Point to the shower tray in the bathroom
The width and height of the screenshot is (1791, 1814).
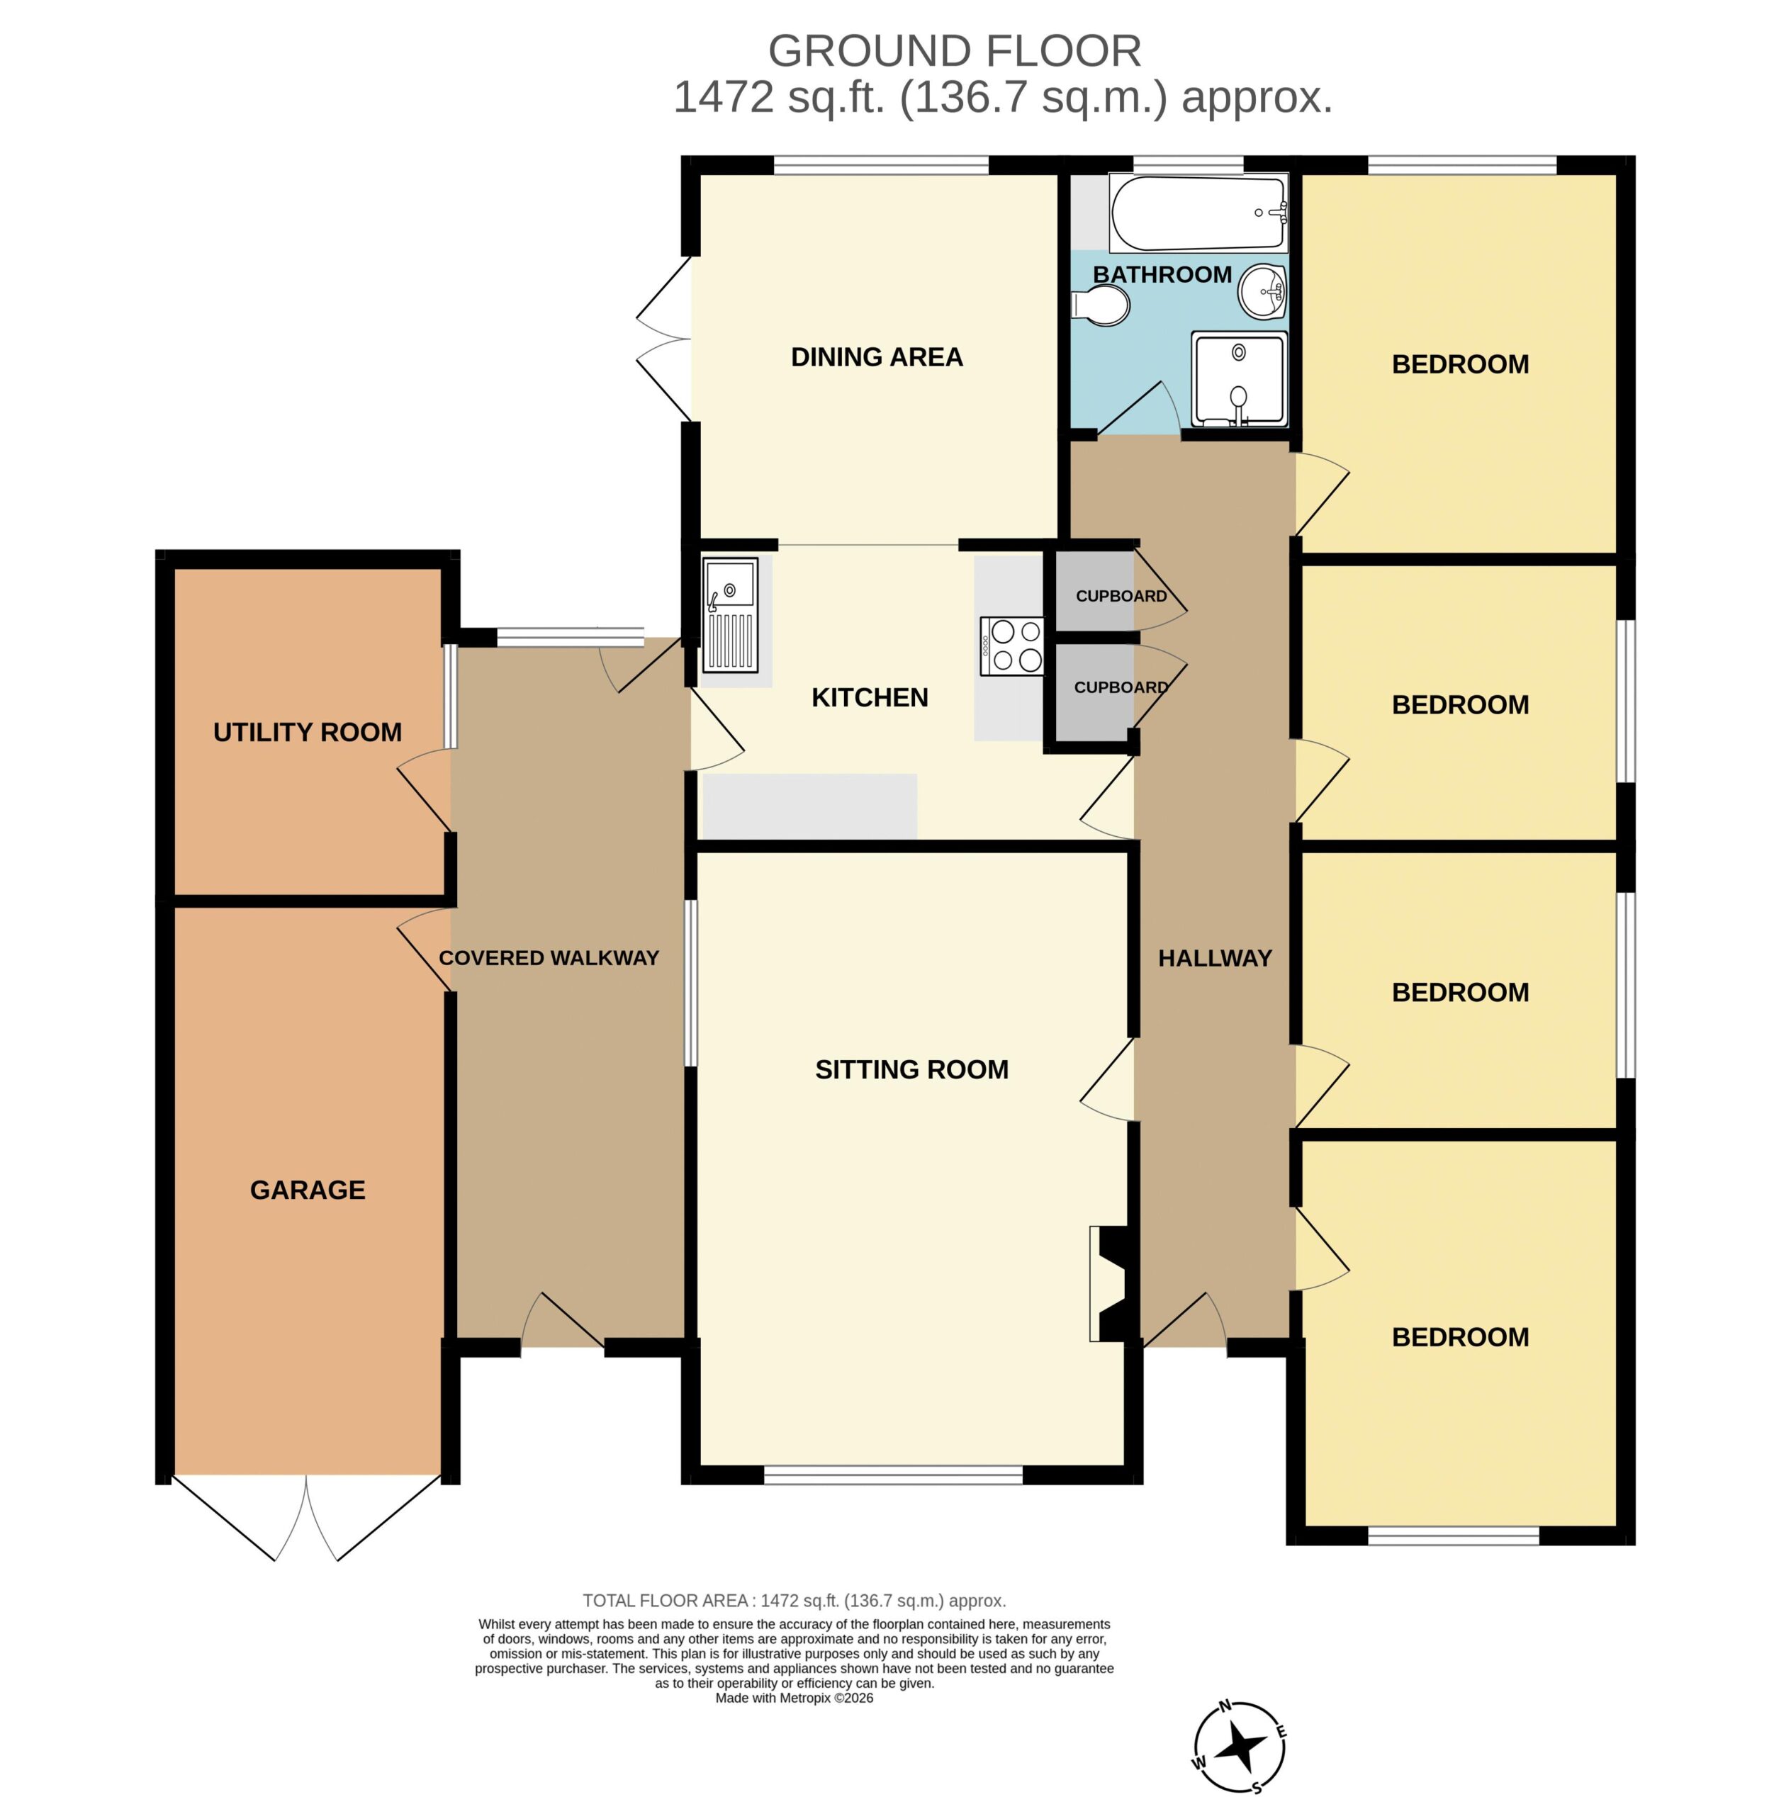(1239, 379)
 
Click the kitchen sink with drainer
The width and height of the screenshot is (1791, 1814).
(731, 615)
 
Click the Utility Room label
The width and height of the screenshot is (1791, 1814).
(307, 733)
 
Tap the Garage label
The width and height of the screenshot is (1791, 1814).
(307, 1190)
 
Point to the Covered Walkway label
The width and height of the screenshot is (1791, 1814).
(549, 958)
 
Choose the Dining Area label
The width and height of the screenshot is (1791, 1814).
(876, 357)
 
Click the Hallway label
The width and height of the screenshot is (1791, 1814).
(1214, 958)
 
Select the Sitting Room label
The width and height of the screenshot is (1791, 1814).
(911, 1069)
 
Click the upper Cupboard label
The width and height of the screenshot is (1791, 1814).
(1121, 596)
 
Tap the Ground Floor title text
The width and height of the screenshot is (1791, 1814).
(954, 51)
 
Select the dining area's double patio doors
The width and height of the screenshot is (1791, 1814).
(664, 338)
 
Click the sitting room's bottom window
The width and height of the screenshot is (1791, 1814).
(892, 1476)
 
